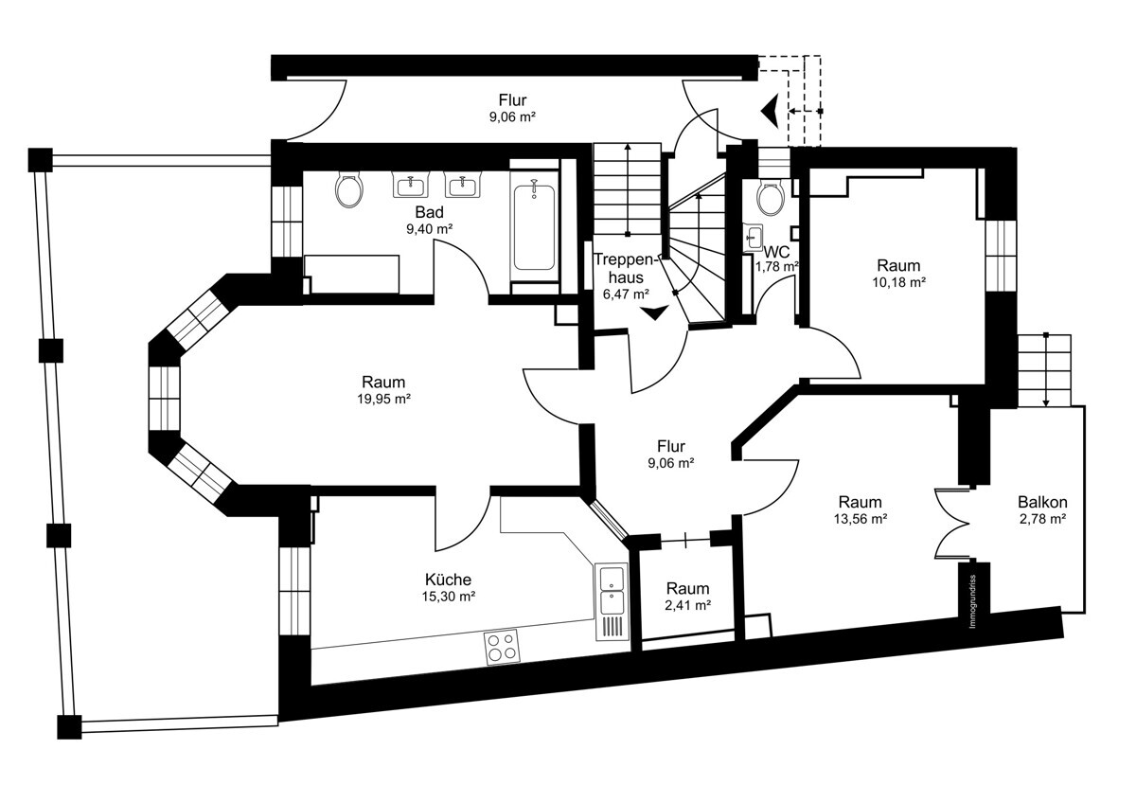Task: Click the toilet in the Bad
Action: click(x=349, y=190)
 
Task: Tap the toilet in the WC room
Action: click(x=769, y=198)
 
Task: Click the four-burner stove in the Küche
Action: click(x=502, y=647)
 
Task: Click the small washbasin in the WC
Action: click(x=754, y=236)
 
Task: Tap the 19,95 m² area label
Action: click(x=378, y=399)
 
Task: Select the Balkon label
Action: click(x=1042, y=502)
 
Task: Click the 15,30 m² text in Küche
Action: click(x=448, y=597)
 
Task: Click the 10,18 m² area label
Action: click(x=897, y=282)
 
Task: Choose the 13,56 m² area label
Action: click(x=860, y=518)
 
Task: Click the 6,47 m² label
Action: click(x=626, y=294)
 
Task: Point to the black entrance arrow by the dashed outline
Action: click(x=772, y=111)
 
